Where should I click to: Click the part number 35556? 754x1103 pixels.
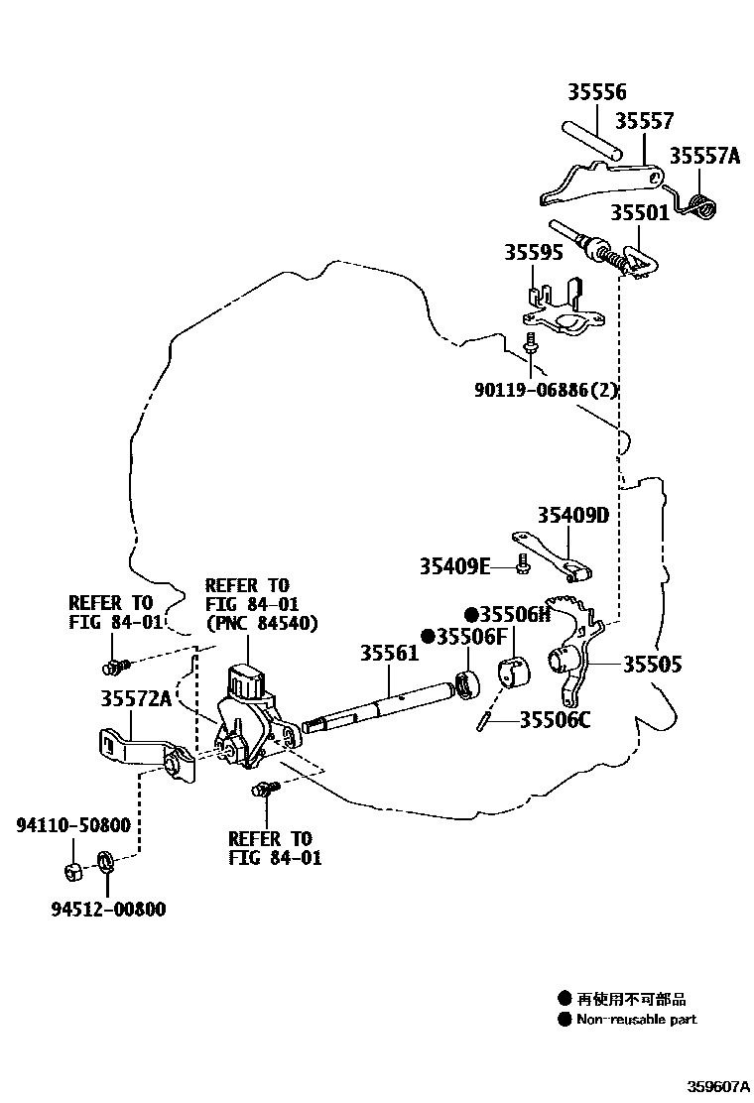tap(597, 92)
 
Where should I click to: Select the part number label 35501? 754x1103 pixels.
tap(639, 212)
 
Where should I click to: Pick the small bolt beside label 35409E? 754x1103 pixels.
tap(523, 566)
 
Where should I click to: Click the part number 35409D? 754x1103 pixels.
tap(572, 516)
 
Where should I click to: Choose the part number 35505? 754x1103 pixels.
tap(652, 665)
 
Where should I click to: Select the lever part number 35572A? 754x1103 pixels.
tap(135, 698)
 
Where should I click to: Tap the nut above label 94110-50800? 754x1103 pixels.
tap(72, 872)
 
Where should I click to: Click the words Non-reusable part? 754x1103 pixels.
tap(636, 1020)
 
